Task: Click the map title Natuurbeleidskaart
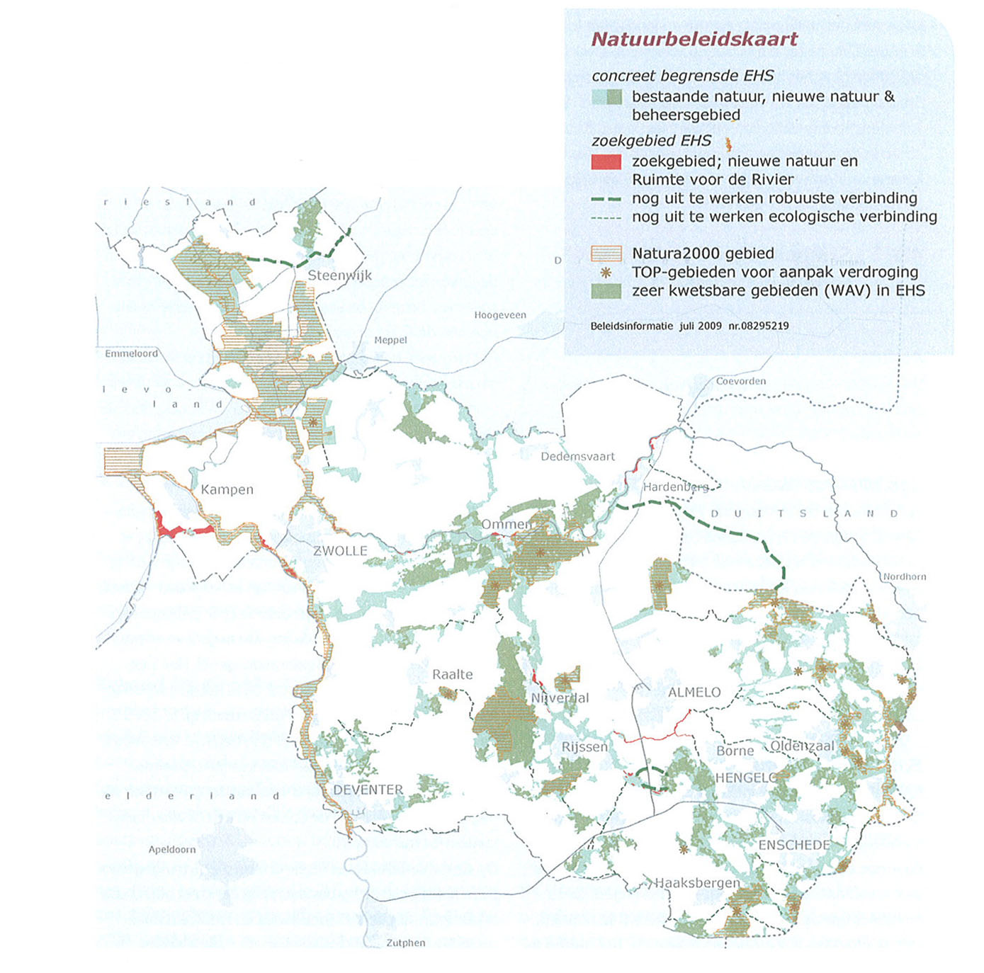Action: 694,39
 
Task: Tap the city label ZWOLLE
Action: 340,551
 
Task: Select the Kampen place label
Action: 227,489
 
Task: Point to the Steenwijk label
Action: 339,275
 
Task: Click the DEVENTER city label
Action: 368,790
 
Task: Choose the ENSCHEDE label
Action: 794,845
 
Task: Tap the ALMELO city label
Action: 694,693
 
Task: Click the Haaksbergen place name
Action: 697,883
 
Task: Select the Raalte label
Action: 452,674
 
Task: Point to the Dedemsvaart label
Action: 577,457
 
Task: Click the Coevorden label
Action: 741,381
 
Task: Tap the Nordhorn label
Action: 904,576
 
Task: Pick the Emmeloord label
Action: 132,353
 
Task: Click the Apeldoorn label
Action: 172,849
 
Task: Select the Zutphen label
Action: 406,943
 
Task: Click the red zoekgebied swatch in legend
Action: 606,162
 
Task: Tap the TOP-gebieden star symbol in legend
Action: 606,272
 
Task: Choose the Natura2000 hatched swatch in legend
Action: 606,254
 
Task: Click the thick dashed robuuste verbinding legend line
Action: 606,199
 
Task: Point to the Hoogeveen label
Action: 500,315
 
